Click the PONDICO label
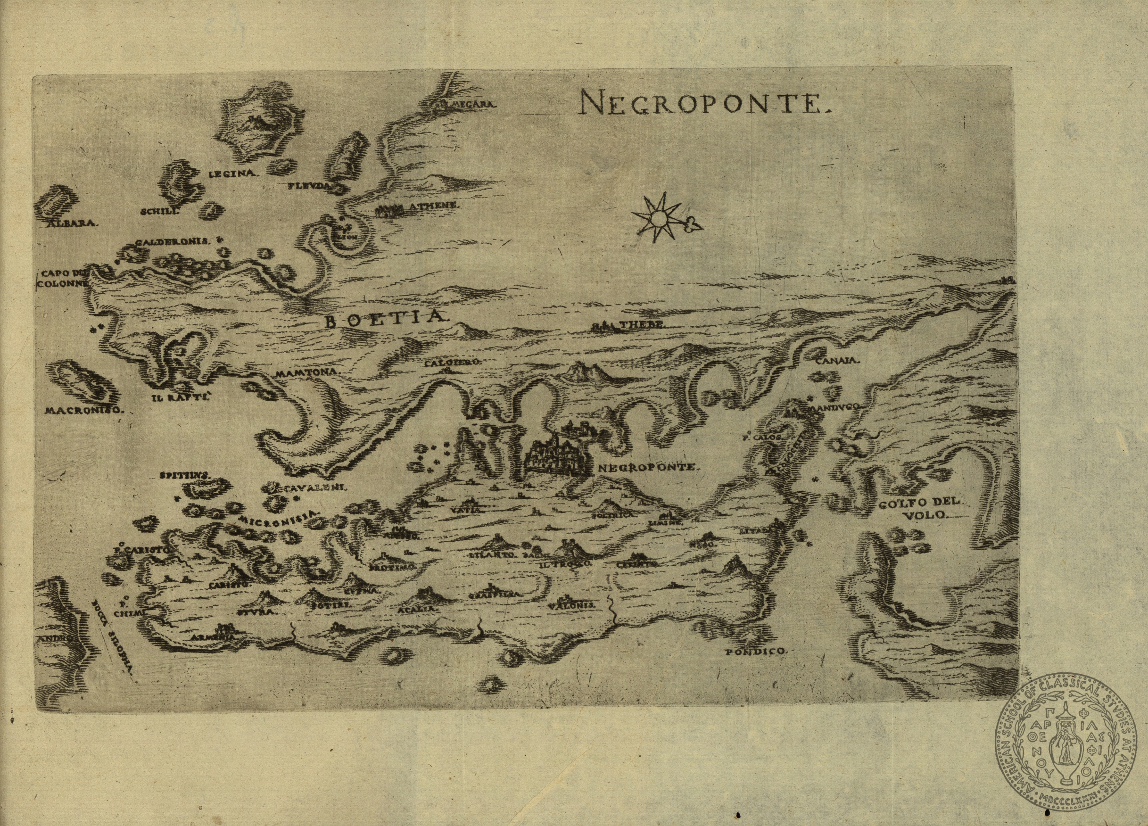coord(756,652)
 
